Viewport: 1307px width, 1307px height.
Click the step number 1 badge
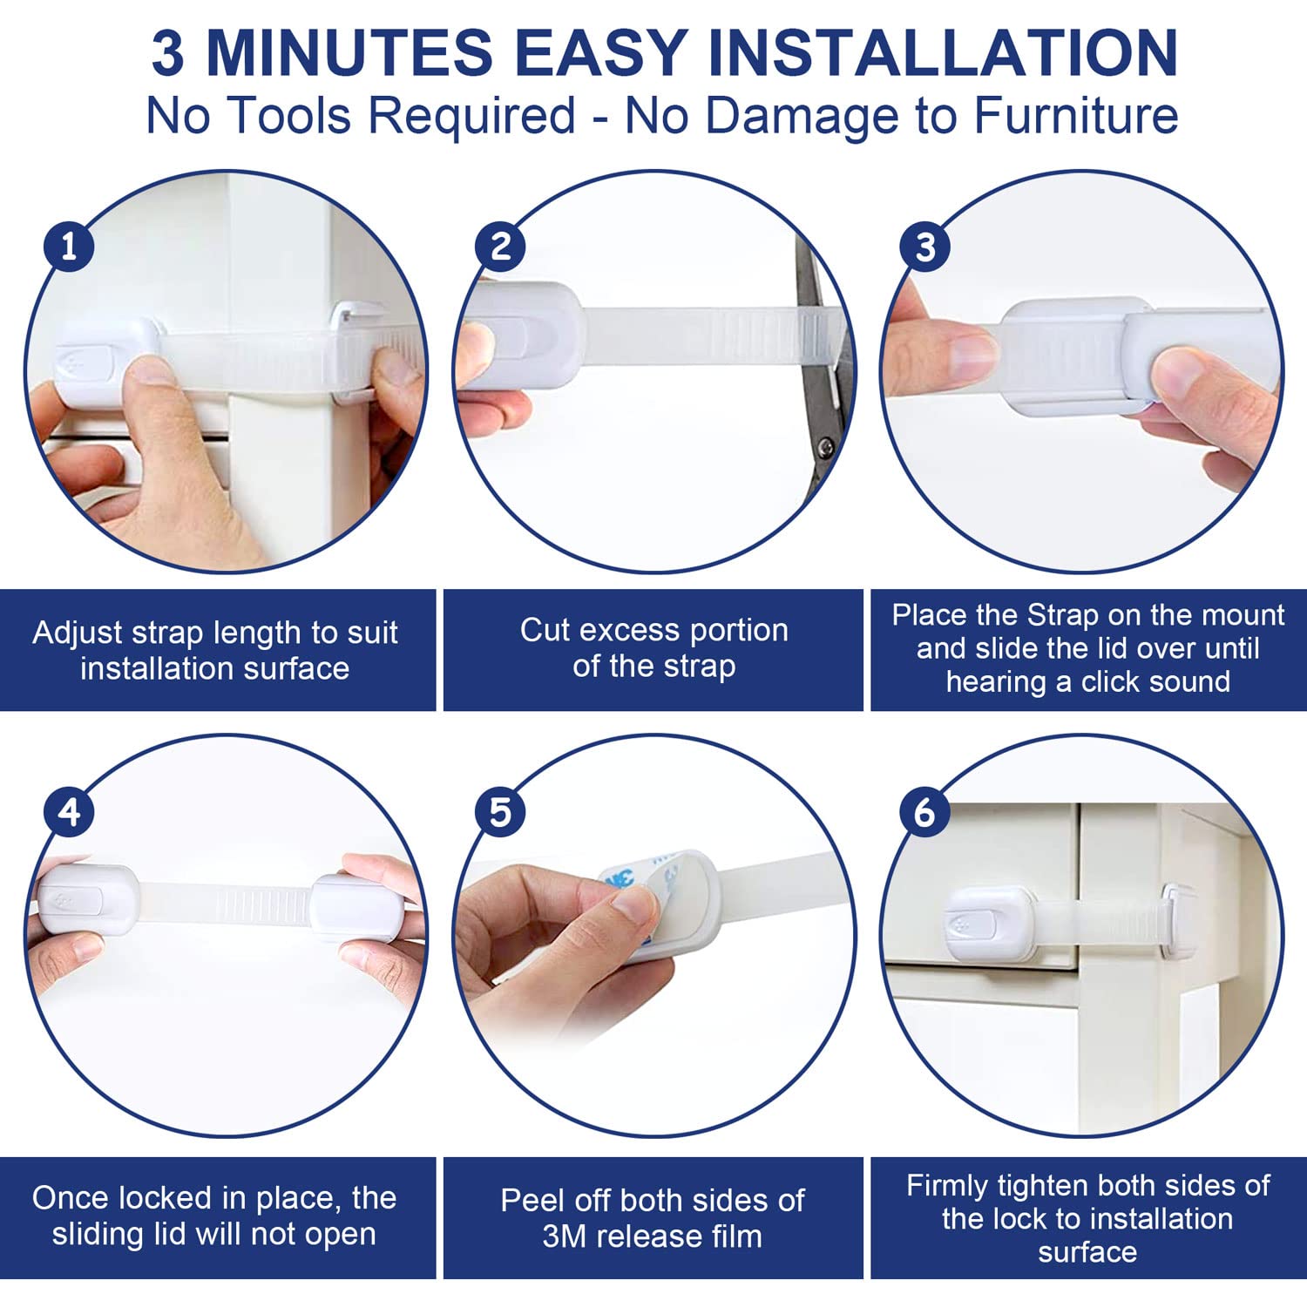click(69, 247)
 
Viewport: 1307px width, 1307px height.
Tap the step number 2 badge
click(500, 247)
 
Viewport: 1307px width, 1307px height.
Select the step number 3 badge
click(924, 247)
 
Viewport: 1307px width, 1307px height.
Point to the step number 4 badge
click(69, 812)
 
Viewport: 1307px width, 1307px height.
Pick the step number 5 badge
click(500, 812)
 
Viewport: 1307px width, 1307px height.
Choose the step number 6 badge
click(924, 812)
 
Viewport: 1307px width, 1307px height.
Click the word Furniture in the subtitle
click(1076, 115)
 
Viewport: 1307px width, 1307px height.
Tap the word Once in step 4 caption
click(70, 1198)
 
